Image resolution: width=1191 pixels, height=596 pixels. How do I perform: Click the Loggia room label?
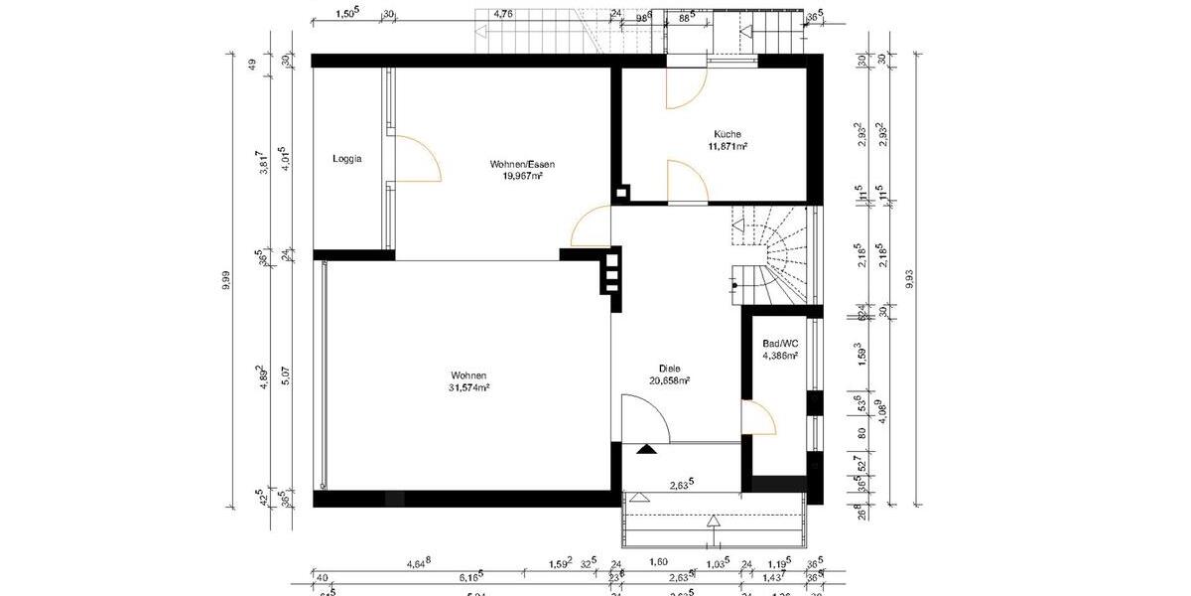(347, 159)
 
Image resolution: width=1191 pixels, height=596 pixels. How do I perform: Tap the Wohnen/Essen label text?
(522, 164)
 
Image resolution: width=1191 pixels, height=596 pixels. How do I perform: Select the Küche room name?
(728, 134)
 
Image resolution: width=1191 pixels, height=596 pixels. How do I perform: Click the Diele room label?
(670, 368)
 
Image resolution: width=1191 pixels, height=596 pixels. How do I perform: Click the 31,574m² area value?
(469, 388)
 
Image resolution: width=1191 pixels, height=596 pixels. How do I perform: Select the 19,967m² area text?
(522, 176)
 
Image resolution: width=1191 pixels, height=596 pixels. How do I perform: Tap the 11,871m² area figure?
(728, 146)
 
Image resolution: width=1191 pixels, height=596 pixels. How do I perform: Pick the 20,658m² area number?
(670, 379)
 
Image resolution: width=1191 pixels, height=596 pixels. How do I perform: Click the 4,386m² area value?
(780, 355)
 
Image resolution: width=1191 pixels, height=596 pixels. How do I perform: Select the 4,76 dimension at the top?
(504, 14)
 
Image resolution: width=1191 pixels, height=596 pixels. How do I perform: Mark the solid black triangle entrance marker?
(646, 449)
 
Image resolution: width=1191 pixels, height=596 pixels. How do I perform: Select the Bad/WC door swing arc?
(760, 417)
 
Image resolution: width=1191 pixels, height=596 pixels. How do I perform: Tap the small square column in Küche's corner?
(622, 194)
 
